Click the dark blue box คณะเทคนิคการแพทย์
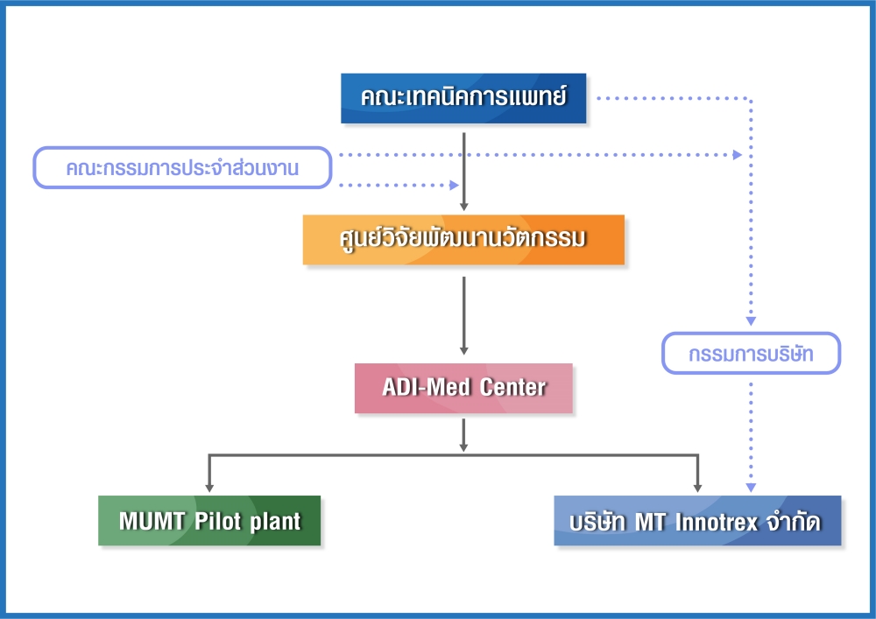click(x=463, y=98)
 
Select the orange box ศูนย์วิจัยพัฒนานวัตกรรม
click(x=463, y=239)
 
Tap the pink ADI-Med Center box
click(x=463, y=389)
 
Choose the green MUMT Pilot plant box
click(x=209, y=520)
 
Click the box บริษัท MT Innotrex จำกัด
click(x=697, y=520)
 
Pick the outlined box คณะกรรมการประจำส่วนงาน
click(x=183, y=167)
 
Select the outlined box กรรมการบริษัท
click(x=751, y=354)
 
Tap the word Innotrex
click(x=717, y=523)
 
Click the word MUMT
click(x=152, y=521)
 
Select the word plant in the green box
click(x=275, y=522)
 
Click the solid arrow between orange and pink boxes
click(x=463, y=315)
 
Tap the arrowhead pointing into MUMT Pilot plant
click(x=209, y=488)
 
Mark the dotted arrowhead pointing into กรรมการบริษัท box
click(x=751, y=321)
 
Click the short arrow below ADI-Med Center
click(x=463, y=435)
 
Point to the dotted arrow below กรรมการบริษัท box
click(x=751, y=437)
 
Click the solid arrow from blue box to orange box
click(x=463, y=172)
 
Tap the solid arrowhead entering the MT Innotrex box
click(x=697, y=488)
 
